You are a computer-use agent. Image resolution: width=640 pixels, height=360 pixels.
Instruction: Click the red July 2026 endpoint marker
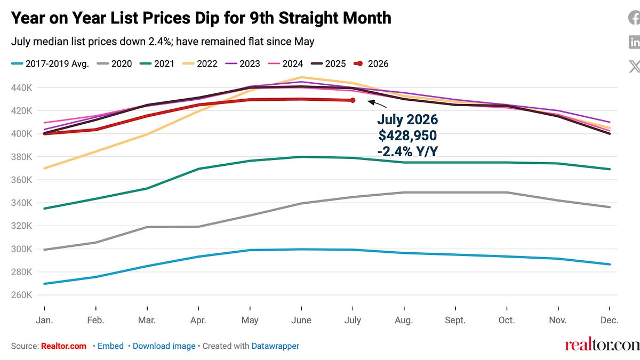click(x=353, y=100)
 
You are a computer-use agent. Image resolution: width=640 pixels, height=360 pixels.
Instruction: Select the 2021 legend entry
click(x=157, y=63)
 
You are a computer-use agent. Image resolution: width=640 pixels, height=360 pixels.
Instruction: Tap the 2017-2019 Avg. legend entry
click(x=50, y=63)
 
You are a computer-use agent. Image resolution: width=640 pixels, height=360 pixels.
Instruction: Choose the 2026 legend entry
click(x=371, y=63)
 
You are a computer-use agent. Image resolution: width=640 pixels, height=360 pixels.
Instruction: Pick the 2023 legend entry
click(x=243, y=63)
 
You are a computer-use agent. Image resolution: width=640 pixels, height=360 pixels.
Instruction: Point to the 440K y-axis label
click(x=22, y=87)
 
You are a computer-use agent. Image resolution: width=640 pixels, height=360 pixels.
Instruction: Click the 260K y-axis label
click(x=22, y=294)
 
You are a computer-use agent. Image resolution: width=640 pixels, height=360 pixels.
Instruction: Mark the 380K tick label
click(x=22, y=157)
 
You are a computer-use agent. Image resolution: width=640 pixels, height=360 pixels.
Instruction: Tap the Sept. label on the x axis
click(x=455, y=320)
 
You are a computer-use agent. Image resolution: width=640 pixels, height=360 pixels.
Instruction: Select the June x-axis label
click(x=301, y=320)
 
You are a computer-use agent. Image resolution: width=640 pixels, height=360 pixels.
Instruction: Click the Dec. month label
click(x=610, y=320)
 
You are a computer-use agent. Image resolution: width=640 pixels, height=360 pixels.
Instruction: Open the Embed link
click(x=110, y=346)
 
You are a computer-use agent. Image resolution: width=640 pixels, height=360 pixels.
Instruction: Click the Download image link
click(x=164, y=346)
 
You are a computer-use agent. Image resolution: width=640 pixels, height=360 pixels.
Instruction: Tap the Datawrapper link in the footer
click(x=275, y=346)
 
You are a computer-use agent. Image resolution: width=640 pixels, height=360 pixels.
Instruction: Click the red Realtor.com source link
click(x=63, y=346)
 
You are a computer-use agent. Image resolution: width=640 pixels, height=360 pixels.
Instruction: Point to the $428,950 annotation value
click(x=407, y=135)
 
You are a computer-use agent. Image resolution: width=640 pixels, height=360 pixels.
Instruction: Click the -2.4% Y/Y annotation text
click(x=407, y=151)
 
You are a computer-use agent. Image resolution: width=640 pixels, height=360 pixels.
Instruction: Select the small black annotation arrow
click(x=377, y=103)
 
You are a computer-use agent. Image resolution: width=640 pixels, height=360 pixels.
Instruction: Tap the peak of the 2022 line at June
click(x=301, y=77)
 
